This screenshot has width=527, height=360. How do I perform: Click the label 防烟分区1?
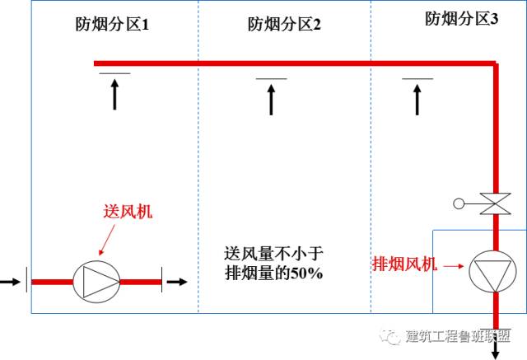112,25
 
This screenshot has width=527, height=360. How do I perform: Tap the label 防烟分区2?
284,25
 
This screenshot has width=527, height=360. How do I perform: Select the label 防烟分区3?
462,19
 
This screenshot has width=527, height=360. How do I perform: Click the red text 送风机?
128,212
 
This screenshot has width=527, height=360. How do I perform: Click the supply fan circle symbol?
96,281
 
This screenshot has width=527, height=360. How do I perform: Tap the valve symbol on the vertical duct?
494,203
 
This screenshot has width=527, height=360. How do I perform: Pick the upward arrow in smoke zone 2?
271,100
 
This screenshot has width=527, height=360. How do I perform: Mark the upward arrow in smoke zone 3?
417,100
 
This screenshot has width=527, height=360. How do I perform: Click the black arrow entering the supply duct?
11,281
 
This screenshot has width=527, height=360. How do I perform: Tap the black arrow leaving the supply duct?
176,281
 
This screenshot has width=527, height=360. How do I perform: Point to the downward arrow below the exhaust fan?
496,346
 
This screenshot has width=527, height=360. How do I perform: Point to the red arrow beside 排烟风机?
451,266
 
